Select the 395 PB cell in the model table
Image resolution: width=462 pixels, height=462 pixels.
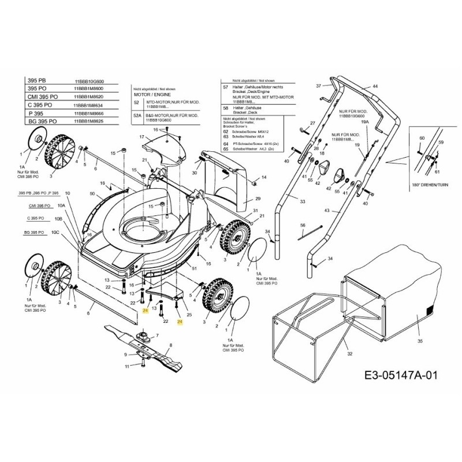[x=37, y=81]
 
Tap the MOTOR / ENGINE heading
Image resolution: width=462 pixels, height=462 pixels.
[x=150, y=93]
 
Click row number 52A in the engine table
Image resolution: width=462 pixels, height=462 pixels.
[x=137, y=115]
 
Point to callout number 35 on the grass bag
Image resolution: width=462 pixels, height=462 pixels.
[x=420, y=341]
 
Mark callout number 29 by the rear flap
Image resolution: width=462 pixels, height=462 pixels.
[x=258, y=198]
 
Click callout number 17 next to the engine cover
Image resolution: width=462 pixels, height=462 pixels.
[x=140, y=137]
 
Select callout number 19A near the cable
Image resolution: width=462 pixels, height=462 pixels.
[x=364, y=122]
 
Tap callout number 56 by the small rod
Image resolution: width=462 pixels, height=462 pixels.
[x=302, y=225]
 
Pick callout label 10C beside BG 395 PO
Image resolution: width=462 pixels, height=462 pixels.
[x=55, y=232]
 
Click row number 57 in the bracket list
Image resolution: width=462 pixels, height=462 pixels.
[x=225, y=87]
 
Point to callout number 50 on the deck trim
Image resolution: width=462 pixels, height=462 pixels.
[x=92, y=193]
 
